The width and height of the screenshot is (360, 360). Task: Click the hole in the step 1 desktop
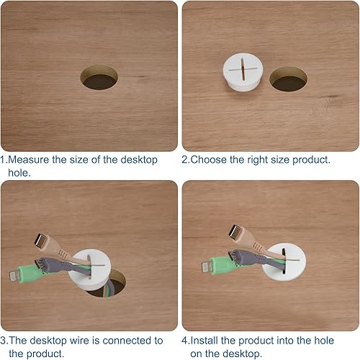(x=99, y=77)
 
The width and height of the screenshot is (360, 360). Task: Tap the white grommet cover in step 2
(x=243, y=72)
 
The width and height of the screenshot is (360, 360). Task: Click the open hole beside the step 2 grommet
(x=288, y=79)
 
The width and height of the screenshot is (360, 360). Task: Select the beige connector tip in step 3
(x=40, y=240)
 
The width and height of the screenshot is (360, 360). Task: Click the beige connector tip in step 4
(x=235, y=232)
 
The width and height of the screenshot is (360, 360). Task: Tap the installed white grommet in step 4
(x=284, y=261)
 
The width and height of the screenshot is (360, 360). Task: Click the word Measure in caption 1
(x=28, y=160)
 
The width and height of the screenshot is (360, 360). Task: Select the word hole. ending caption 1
(x=19, y=173)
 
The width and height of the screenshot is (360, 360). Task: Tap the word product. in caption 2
(x=311, y=160)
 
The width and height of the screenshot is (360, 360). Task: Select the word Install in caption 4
(x=204, y=341)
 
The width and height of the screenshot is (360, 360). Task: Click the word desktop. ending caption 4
(x=242, y=354)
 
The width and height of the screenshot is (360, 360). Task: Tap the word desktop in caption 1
(x=139, y=160)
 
